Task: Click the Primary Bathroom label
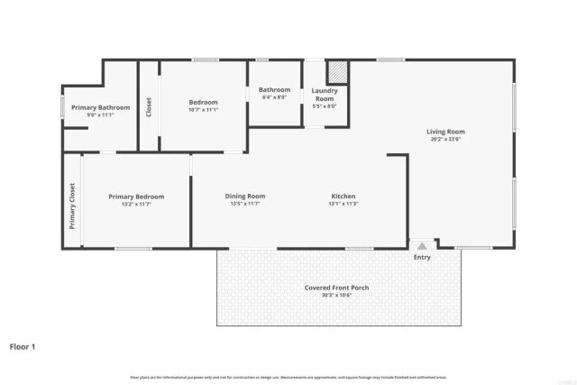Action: point(100,108)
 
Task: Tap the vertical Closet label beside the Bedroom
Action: point(149,105)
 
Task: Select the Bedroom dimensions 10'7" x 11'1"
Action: point(203,110)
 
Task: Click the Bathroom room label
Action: point(274,89)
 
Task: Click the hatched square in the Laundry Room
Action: point(336,71)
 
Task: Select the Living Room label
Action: point(445,132)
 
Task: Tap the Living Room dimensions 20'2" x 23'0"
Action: point(445,140)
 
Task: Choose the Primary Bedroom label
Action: point(136,196)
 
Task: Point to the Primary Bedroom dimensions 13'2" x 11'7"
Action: point(136,204)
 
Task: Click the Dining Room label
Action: point(245,196)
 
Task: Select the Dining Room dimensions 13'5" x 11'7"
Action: point(245,204)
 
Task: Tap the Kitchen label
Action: point(343,196)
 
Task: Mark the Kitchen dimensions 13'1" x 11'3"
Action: point(343,204)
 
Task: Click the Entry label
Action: point(422,258)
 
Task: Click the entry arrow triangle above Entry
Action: point(422,245)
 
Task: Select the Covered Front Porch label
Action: point(336,288)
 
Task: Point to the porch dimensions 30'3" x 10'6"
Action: point(336,296)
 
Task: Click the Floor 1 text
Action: point(23,345)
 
